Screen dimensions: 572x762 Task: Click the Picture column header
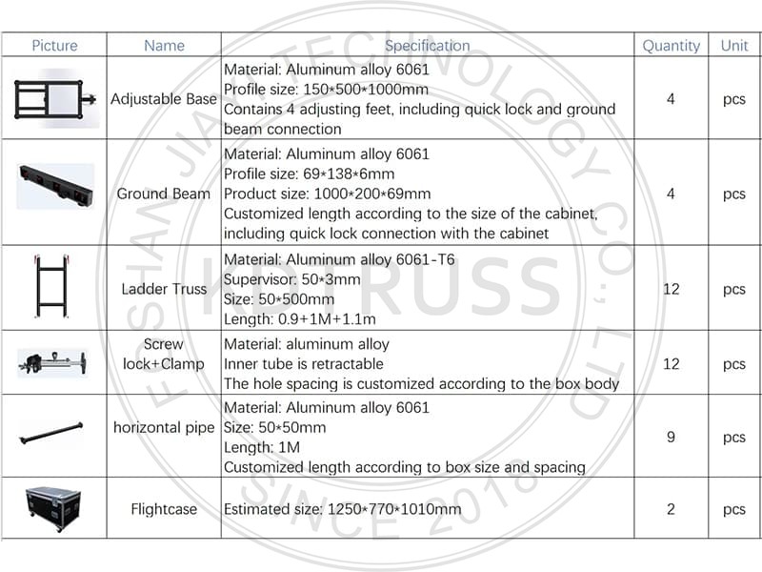pos(53,45)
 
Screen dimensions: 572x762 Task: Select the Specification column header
pos(427,45)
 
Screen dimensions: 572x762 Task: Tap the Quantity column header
pos(671,45)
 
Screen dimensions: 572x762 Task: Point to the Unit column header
pos(733,45)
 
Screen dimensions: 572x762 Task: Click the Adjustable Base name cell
pos(164,99)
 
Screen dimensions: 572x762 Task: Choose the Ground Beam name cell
pos(164,194)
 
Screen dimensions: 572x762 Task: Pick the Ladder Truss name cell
pos(164,289)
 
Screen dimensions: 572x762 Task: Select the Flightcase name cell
pos(164,509)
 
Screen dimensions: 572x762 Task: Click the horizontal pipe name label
pos(164,428)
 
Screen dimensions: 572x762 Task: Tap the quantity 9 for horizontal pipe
pos(671,438)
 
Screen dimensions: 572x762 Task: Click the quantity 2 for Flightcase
pos(671,509)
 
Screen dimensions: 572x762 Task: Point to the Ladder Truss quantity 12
pos(671,289)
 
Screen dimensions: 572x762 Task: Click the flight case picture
pos(53,508)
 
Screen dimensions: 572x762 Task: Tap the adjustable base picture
pos(53,99)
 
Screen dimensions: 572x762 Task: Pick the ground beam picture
pos(55,185)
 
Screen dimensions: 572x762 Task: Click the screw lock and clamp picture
pos(53,362)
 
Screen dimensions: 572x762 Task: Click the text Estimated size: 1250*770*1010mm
pos(342,509)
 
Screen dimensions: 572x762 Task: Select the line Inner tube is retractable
pos(303,363)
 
